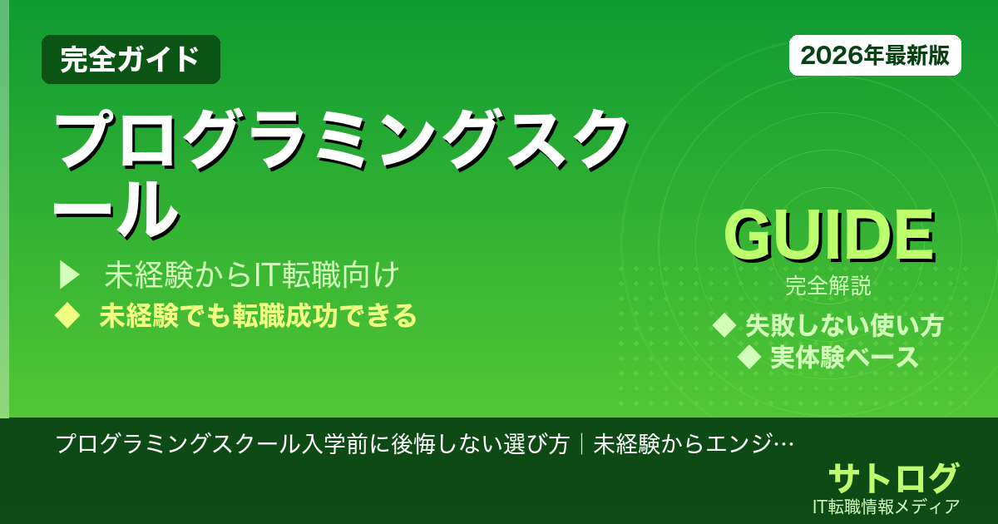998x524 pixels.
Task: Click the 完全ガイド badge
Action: (131, 59)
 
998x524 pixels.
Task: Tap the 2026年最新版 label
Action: (875, 56)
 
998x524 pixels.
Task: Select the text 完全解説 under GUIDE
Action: (828, 288)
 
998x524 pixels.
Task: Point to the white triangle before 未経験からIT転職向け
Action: (68, 274)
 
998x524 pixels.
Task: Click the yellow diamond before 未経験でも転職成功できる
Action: (66, 316)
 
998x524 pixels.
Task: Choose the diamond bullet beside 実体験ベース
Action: (750, 358)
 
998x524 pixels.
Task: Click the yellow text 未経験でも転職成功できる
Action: (257, 316)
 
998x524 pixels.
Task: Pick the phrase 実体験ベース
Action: (844, 358)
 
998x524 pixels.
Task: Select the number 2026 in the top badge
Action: (824, 56)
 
